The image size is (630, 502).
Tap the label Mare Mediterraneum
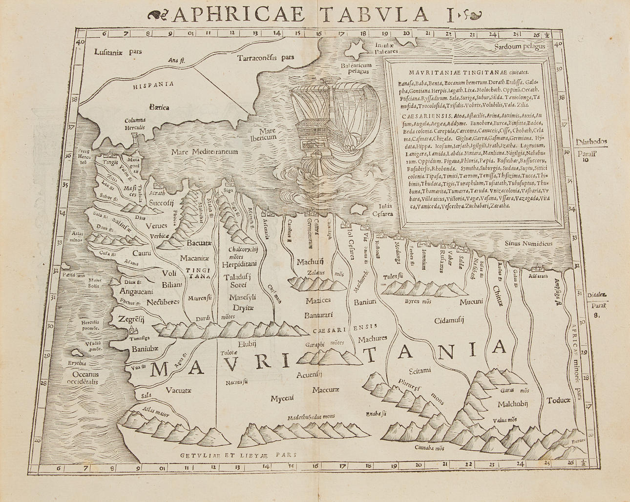tap(205, 152)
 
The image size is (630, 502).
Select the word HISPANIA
tap(153, 84)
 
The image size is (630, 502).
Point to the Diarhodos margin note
tap(591, 142)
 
